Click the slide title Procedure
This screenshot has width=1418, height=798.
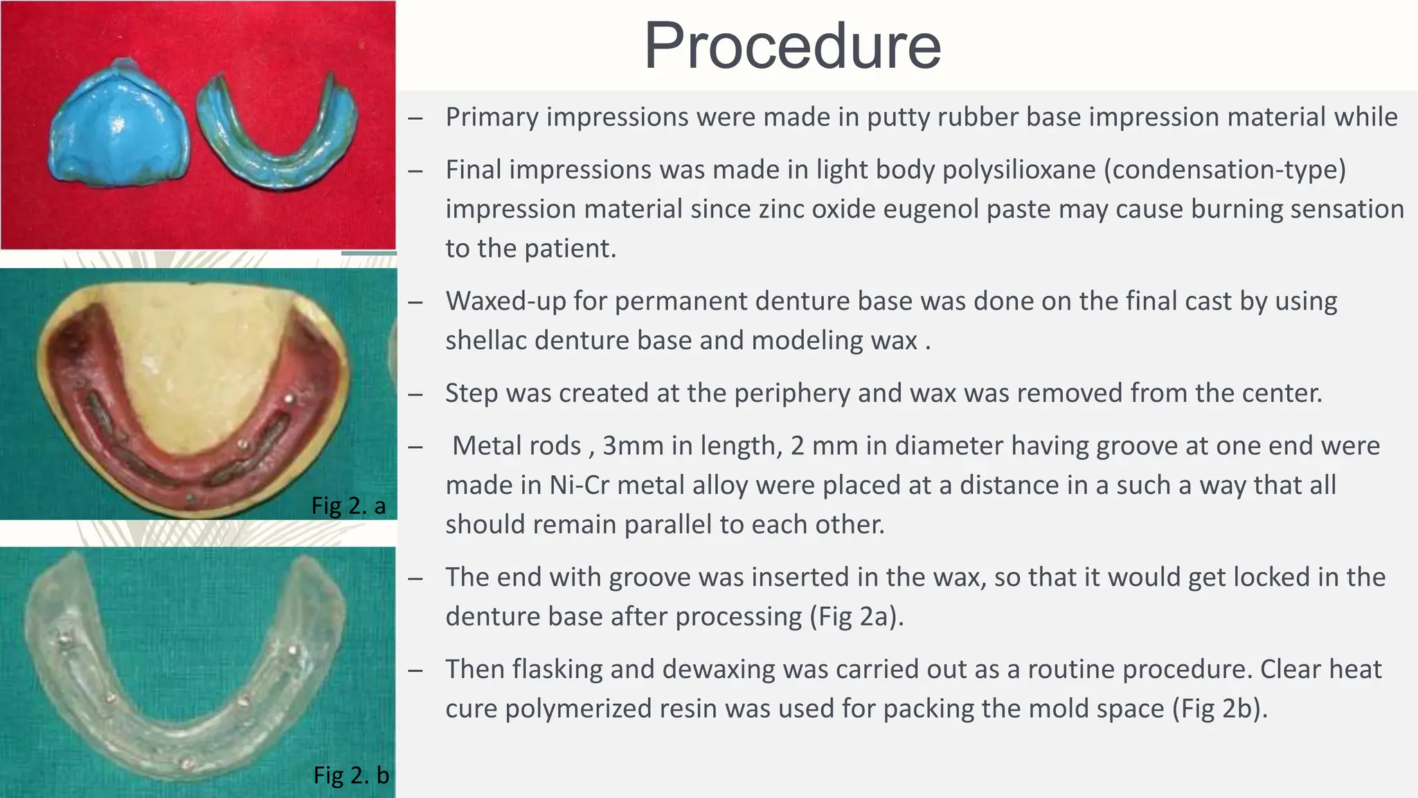(792, 46)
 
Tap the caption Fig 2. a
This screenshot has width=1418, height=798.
(348, 506)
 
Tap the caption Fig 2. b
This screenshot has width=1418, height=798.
(351, 774)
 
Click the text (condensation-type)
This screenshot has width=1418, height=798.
(1225, 170)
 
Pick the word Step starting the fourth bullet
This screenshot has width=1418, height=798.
(472, 393)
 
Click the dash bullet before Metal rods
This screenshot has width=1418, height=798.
(415, 447)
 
